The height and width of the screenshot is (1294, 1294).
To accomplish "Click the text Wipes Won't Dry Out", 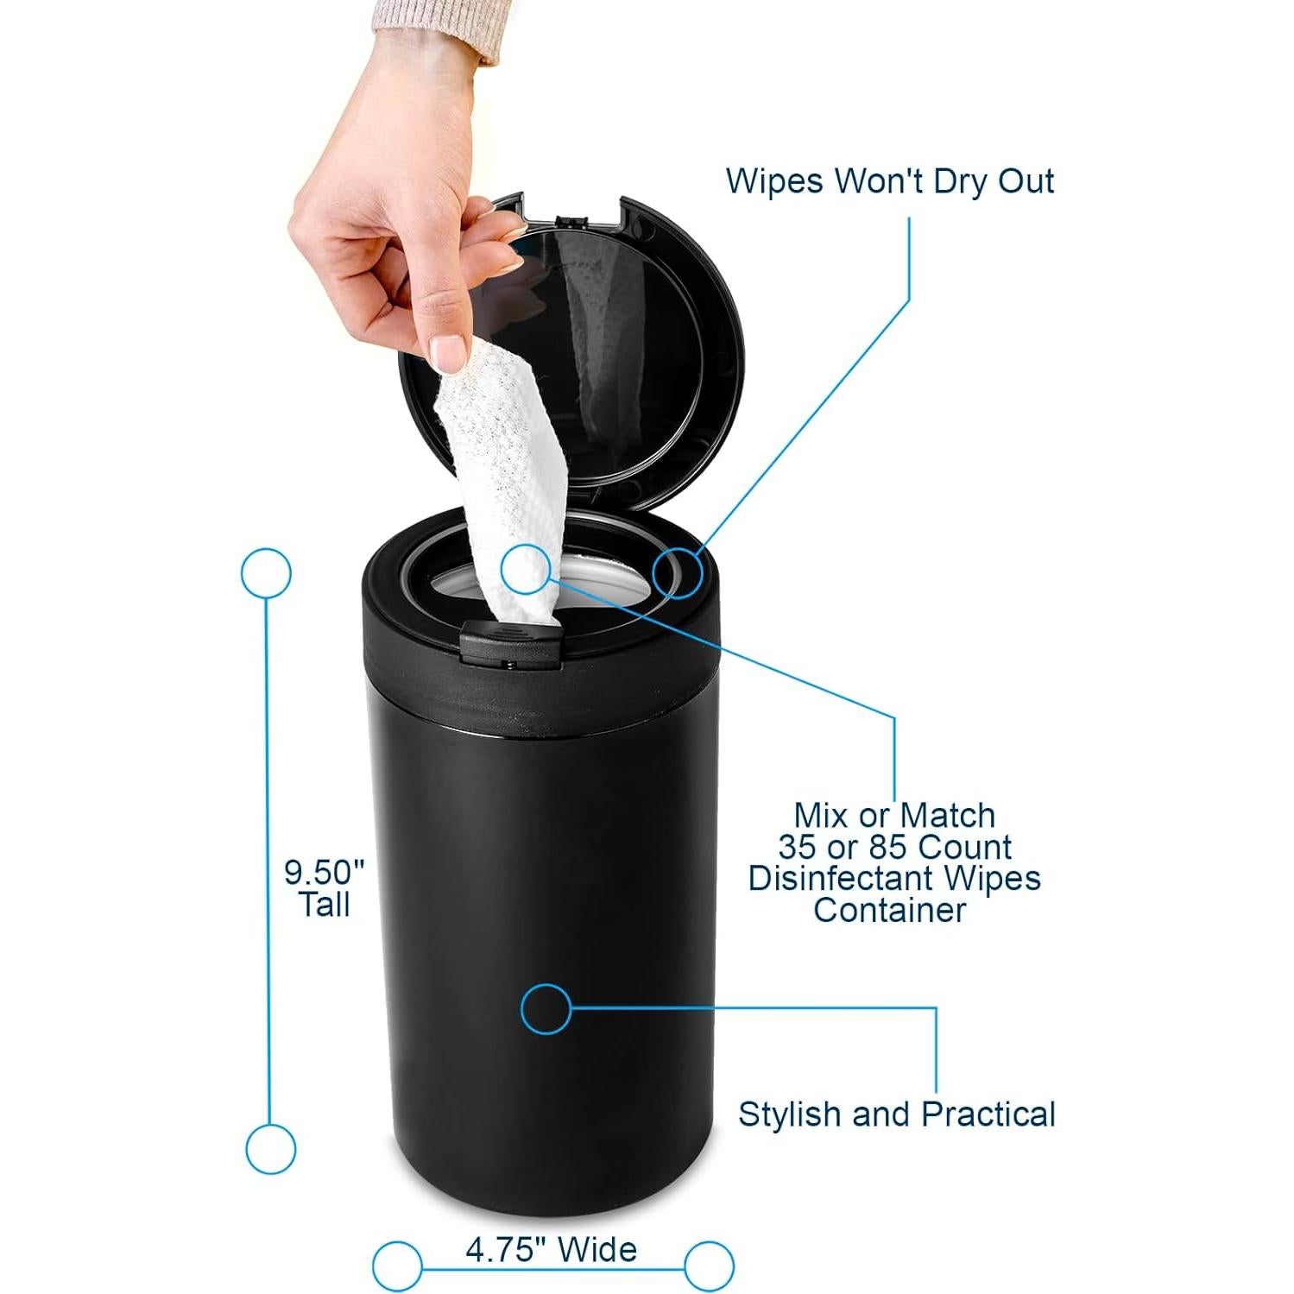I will tap(889, 181).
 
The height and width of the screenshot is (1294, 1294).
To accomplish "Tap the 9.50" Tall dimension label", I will tap(325, 888).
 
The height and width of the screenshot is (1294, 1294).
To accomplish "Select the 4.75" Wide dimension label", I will tap(551, 1249).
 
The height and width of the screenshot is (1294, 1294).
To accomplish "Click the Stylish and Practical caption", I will tap(896, 1114).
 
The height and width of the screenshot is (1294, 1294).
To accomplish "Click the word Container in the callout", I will tap(889, 910).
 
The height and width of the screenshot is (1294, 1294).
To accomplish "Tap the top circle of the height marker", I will tap(266, 573).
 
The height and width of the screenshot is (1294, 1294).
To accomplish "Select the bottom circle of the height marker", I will tap(270, 1149).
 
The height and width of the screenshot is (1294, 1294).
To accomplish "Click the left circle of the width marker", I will tap(397, 1266).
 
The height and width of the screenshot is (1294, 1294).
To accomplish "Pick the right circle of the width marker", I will tap(709, 1266).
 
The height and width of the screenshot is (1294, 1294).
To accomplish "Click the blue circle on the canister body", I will tap(546, 1007).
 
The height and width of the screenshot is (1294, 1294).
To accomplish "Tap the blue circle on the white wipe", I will tap(525, 569).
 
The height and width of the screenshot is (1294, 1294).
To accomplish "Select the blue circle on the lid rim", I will tap(677, 573).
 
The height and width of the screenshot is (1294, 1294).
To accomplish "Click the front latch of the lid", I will tap(508, 643).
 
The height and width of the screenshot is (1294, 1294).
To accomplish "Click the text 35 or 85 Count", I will tap(894, 847).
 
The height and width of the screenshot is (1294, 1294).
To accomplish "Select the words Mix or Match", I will tap(894, 815).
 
